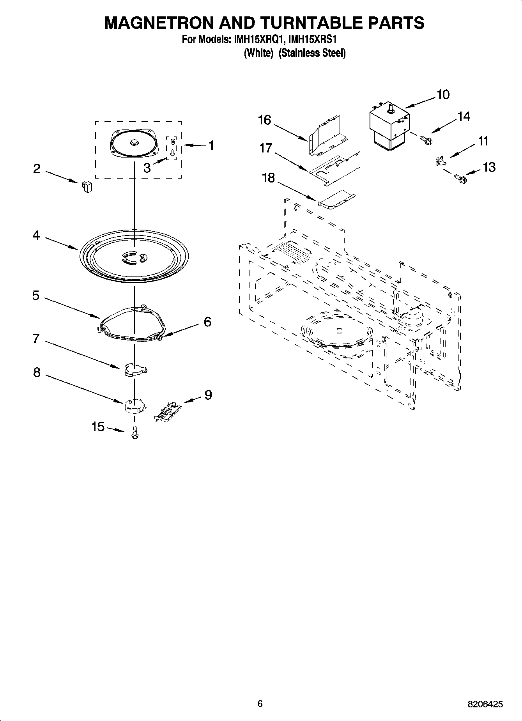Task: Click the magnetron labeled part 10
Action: (x=389, y=126)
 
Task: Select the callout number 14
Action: (x=464, y=117)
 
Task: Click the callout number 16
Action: (x=264, y=120)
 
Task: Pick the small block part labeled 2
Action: (x=87, y=186)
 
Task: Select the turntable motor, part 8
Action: (x=134, y=406)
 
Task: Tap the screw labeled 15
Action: (x=135, y=432)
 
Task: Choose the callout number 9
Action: (x=208, y=395)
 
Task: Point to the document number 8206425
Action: (x=485, y=704)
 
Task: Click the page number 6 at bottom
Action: (x=260, y=703)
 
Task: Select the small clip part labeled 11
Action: (x=439, y=161)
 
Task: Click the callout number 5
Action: (x=35, y=296)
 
